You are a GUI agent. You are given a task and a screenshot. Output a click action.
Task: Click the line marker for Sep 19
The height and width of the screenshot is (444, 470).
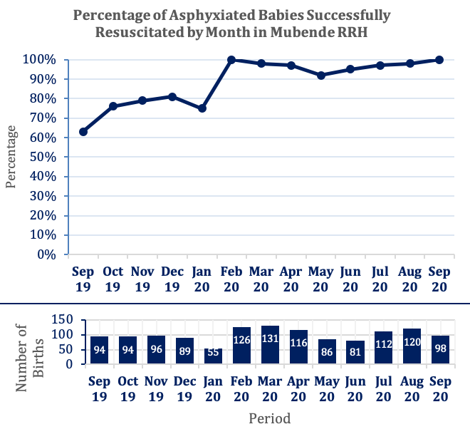[83, 132]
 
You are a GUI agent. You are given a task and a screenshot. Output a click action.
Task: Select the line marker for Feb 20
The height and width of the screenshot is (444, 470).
[231, 60]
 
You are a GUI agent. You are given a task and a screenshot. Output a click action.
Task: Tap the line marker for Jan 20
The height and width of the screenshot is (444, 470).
[202, 108]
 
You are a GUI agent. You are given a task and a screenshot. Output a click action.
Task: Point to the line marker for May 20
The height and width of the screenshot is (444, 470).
[320, 75]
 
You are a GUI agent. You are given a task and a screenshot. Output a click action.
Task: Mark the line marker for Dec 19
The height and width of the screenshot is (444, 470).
[172, 96]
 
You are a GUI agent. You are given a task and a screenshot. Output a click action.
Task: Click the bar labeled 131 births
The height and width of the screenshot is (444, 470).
[271, 345]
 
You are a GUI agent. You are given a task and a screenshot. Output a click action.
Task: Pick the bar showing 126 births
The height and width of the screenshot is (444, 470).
[242, 346]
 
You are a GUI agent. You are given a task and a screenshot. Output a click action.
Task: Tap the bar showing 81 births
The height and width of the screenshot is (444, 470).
[355, 352]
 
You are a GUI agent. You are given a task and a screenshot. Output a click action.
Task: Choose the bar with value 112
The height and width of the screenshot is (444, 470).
[384, 348]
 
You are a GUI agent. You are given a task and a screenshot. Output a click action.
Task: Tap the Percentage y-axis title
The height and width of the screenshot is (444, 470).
[11, 156]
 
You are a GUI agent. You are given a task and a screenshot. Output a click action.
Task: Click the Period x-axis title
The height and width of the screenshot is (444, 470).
[269, 418]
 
